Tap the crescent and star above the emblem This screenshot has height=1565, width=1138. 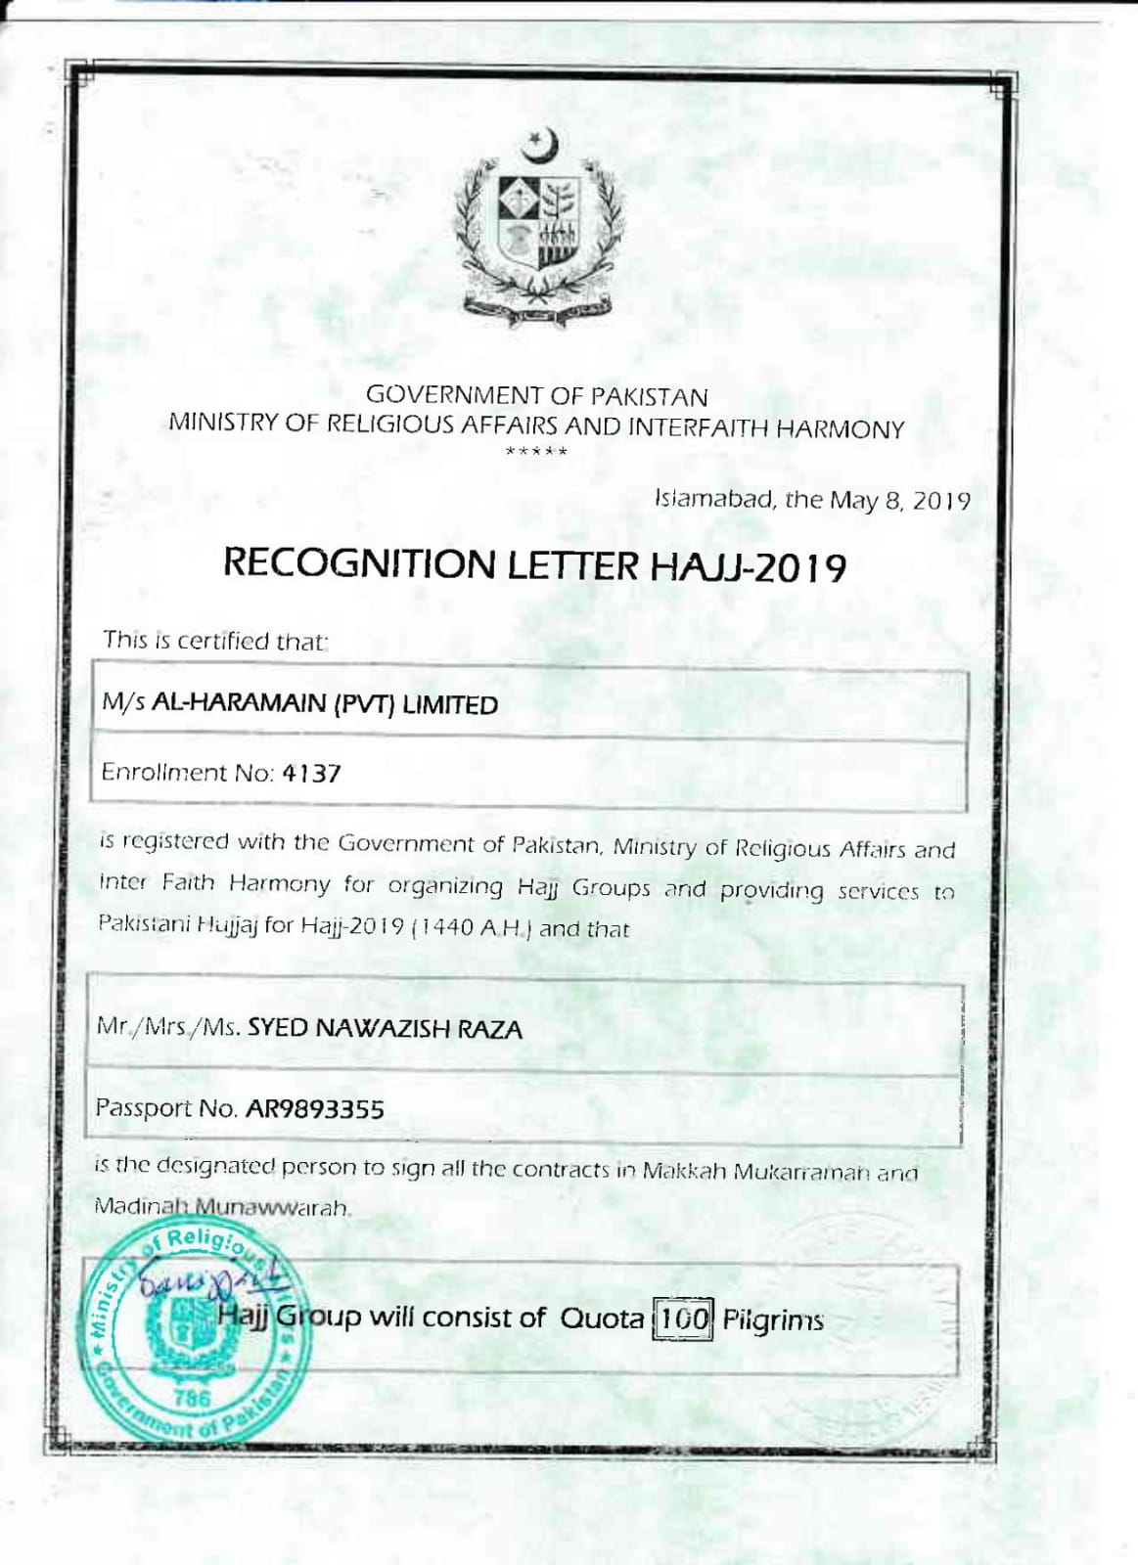tap(541, 146)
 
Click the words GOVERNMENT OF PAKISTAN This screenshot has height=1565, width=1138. tap(536, 396)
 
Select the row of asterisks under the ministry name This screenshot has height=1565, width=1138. tap(536, 452)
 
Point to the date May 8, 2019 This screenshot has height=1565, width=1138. tap(899, 501)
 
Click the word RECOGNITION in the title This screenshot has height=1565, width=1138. tap(359, 564)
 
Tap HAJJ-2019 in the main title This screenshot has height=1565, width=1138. tap(748, 567)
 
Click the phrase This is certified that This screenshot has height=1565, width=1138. tap(215, 642)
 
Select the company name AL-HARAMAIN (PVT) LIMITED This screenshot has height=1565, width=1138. tap(324, 704)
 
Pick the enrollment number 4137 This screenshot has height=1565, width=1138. tap(311, 774)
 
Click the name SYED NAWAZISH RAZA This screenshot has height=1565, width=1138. tap(385, 1028)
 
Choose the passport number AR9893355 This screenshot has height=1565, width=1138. tap(314, 1109)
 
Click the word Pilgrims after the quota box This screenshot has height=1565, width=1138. tap(773, 1320)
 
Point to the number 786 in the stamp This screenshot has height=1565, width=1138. tap(192, 1398)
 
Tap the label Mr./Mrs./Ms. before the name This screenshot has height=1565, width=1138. tap(168, 1027)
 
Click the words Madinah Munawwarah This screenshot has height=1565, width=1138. tap(222, 1207)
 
